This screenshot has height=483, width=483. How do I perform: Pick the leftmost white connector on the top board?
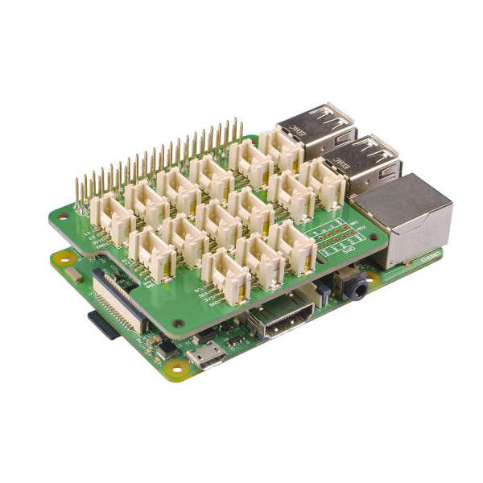[109, 217]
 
